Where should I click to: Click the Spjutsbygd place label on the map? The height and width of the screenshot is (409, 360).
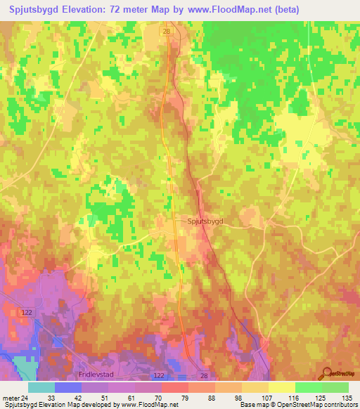coord(205,221)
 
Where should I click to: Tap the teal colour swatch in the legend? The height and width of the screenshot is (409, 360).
coord(41,387)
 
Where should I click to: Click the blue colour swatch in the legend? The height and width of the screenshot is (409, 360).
coord(68,387)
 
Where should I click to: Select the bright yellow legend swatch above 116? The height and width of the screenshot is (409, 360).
coord(281,387)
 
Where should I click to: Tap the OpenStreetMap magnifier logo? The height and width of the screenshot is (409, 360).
coord(326,374)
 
